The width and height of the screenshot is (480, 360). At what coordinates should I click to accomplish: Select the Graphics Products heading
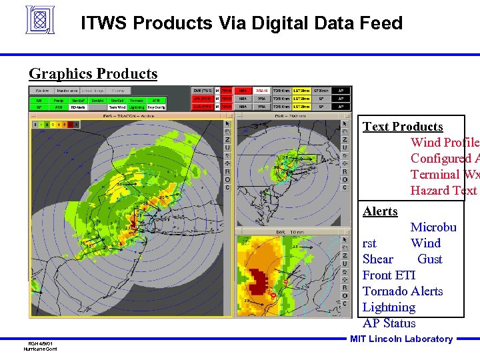[x=93, y=74]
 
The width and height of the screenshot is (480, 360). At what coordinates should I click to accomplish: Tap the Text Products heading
[x=403, y=127]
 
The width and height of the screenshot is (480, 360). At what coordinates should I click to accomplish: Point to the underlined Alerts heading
[x=380, y=211]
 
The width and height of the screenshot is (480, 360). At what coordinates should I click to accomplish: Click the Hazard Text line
[x=444, y=191]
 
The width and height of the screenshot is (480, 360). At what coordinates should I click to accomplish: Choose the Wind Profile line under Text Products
[x=444, y=143]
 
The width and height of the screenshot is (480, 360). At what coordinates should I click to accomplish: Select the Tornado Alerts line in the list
[x=403, y=291]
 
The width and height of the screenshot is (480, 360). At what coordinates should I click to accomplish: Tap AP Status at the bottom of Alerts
[x=389, y=323]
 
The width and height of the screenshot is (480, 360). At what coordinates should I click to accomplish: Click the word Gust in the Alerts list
[x=430, y=259]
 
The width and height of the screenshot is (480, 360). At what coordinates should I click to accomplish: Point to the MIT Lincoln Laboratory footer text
[x=401, y=339]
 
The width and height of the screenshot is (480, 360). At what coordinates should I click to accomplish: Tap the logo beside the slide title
[x=39, y=20]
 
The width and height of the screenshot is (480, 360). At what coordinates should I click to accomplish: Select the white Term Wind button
[x=117, y=107]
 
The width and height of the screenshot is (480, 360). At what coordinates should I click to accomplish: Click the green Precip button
[x=59, y=100]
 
